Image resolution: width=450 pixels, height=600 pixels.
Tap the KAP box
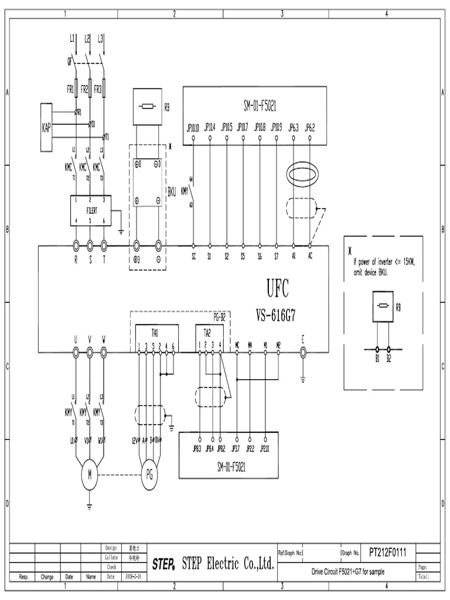click(46, 127)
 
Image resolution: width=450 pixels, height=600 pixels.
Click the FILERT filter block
click(91, 209)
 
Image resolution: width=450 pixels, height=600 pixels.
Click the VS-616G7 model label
click(276, 315)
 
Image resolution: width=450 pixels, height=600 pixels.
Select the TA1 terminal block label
click(143, 332)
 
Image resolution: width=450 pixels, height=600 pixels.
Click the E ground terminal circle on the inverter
click(303, 352)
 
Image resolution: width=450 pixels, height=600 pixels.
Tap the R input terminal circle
click(76, 246)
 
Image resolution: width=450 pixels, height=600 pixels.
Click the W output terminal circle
click(104, 352)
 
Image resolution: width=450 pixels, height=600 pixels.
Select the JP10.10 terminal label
click(193, 127)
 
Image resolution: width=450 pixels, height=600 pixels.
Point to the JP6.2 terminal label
click(310, 127)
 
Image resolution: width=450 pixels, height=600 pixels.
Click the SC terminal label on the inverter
click(193, 257)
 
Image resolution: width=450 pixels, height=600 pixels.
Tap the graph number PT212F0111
click(391, 552)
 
